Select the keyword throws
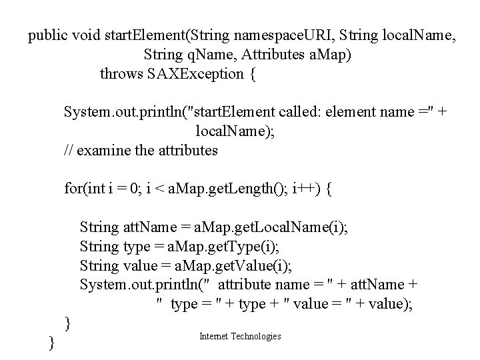coord(121,73)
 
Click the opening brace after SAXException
coord(251,74)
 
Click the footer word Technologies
coord(255,337)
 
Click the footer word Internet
coord(213,337)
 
